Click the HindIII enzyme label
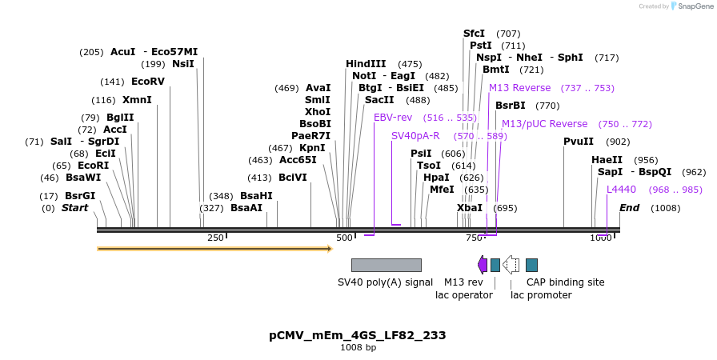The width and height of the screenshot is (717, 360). [x=366, y=64]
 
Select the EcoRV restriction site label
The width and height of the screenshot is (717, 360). [x=147, y=82]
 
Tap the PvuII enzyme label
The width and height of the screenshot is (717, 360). [x=579, y=142]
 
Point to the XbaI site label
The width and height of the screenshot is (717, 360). [x=470, y=208]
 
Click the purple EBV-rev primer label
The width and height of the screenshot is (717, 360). [x=393, y=118]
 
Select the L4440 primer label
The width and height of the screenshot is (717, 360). [x=621, y=190]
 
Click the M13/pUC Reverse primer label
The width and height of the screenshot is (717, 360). [x=544, y=124]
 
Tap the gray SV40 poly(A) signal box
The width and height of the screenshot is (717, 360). [x=386, y=265]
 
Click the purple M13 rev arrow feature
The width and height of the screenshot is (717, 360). [x=482, y=265]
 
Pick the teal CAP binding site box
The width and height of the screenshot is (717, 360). [x=531, y=265]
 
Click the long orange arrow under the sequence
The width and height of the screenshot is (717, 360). [x=214, y=249]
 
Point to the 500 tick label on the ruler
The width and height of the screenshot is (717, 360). [x=344, y=238]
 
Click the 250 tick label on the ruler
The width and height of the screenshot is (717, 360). [x=216, y=238]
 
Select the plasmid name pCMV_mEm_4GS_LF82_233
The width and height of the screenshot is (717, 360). [x=358, y=335]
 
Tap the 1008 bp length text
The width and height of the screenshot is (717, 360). [x=358, y=348]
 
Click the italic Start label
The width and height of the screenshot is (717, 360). [x=74, y=208]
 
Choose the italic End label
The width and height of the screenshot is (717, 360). [x=629, y=208]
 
